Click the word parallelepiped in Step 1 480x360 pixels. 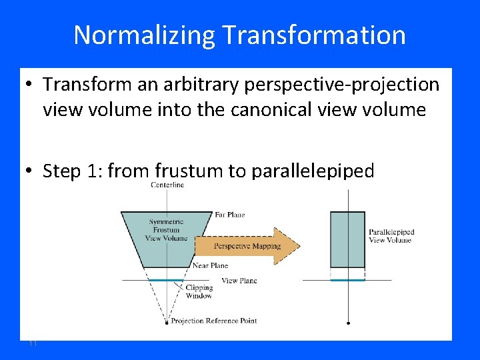313,171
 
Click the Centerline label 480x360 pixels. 167,185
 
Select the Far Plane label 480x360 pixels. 229,215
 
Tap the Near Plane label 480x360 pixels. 210,265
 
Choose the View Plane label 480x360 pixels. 239,281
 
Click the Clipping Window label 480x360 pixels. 199,292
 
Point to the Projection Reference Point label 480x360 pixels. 213,321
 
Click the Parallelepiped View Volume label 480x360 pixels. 391,236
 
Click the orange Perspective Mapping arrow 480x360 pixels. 247,246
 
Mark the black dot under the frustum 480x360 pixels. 166,323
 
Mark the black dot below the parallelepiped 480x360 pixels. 348,323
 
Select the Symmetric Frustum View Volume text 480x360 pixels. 166,230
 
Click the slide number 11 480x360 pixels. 32,343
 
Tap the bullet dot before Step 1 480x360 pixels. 30,171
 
